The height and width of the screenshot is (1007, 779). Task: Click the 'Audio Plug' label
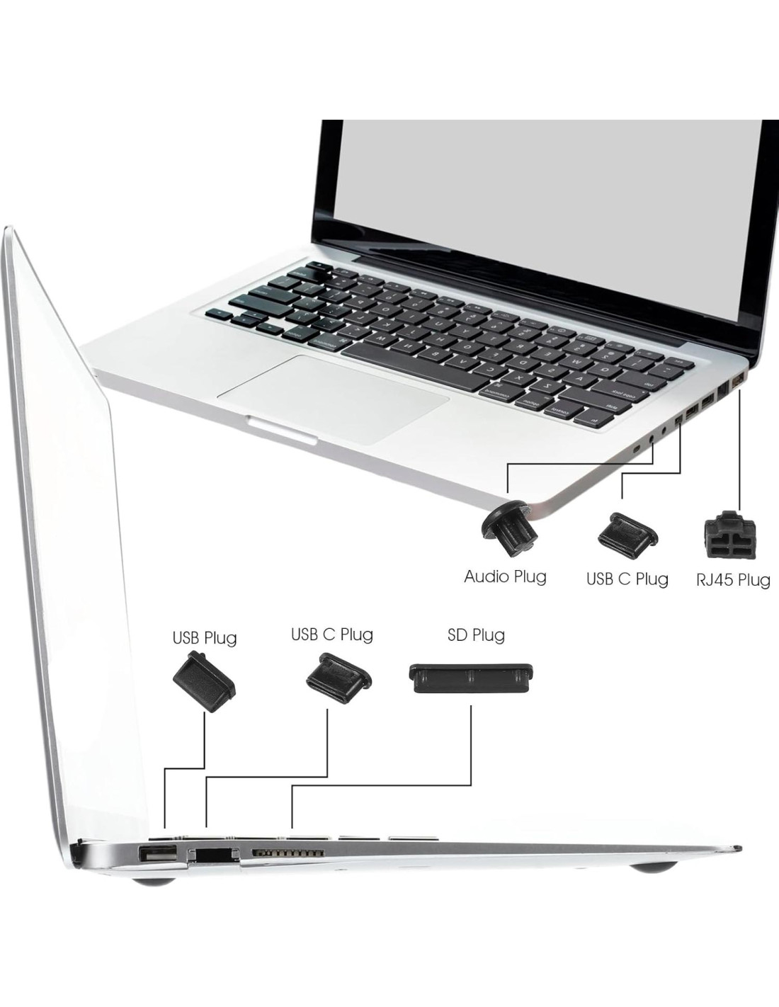(505, 576)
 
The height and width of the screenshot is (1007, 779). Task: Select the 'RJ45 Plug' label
(733, 580)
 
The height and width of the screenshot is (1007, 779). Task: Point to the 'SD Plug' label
(476, 635)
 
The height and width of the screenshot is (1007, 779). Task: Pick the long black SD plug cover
(472, 678)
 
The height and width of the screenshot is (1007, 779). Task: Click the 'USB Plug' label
(205, 637)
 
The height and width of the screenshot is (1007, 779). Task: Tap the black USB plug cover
(205, 681)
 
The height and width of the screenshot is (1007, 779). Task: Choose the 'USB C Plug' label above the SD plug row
(332, 634)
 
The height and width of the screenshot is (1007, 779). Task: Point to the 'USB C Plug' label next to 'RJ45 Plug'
(627, 579)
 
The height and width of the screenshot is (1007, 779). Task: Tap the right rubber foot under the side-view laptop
(655, 867)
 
